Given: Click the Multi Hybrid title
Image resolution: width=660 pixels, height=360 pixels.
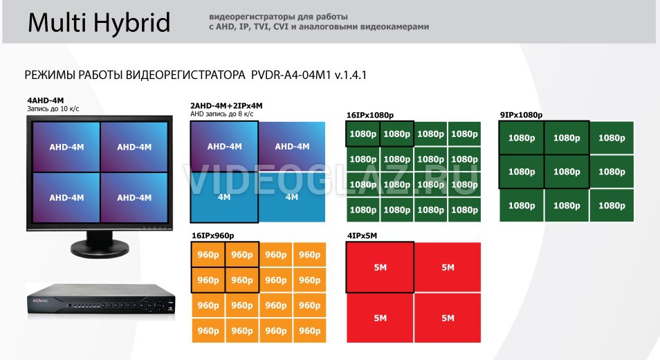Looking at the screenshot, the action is coord(99,23).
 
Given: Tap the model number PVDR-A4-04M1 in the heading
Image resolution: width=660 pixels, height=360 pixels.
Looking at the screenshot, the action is coord(291,75).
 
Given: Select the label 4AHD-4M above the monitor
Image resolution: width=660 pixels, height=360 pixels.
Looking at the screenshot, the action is coord(46,100).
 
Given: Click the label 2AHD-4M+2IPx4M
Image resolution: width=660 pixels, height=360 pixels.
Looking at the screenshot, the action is coord(226,106).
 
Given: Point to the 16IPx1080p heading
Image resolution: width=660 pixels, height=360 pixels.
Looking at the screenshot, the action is coord(370,116).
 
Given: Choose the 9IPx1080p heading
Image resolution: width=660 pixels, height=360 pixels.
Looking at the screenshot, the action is coord(521,115).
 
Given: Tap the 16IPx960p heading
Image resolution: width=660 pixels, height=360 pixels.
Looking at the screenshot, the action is coord(212,235).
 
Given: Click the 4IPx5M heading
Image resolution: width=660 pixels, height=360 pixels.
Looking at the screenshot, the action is coord(362,235).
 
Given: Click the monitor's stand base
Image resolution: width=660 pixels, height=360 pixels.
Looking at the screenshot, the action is coord(100,250).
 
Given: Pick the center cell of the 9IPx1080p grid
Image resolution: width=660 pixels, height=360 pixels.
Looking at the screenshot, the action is coord(567,172).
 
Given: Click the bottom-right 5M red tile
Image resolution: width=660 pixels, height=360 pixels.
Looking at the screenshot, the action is coord(448,318).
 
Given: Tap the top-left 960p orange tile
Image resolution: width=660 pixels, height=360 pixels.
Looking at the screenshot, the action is coord(208,255).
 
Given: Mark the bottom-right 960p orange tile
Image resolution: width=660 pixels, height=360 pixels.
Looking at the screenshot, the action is coord(309,330).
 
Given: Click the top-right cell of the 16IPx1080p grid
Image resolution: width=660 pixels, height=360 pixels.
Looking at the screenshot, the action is coord(464,134).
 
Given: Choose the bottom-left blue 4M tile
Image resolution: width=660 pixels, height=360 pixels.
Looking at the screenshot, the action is coord(224,197).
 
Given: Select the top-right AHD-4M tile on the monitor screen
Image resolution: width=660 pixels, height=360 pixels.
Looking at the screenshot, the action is coord(134,147).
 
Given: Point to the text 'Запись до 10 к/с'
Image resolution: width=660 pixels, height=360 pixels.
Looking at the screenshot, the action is coord(53,109).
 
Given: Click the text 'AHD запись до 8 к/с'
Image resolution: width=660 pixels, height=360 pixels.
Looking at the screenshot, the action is coord(222,114).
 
